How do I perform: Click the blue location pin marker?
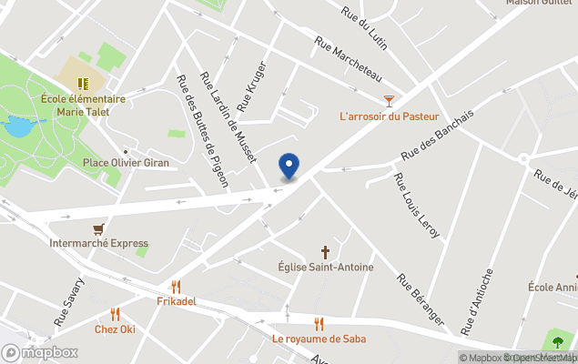(x=289, y=167)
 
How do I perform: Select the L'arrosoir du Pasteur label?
(x=389, y=116)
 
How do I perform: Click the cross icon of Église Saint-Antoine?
(x=324, y=251)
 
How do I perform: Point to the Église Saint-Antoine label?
(x=324, y=268)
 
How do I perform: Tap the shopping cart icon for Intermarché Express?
(x=98, y=228)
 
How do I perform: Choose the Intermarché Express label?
(x=98, y=244)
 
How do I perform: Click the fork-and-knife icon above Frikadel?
(x=177, y=286)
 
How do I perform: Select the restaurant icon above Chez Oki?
(x=115, y=314)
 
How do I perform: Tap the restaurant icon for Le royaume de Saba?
(x=319, y=323)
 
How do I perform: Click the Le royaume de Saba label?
(x=319, y=339)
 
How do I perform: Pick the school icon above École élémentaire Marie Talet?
(x=83, y=84)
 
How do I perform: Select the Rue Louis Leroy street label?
(x=416, y=206)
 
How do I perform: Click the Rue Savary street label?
(x=68, y=302)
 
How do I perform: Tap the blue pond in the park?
(x=17, y=127)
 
